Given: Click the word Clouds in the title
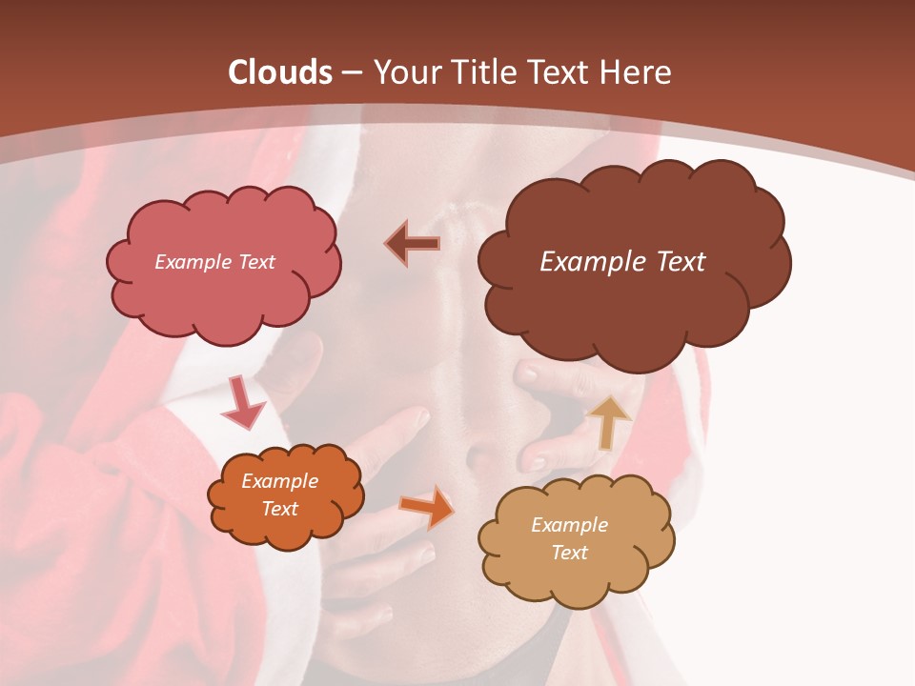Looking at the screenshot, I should [x=280, y=72].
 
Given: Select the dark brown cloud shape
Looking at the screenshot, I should [x=633, y=286].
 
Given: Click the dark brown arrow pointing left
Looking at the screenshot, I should [x=413, y=243].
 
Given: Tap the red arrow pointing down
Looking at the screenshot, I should [x=242, y=403].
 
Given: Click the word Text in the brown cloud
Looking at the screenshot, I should [x=680, y=261].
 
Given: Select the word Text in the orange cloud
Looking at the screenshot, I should [x=279, y=509].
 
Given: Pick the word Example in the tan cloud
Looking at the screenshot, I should [x=569, y=525].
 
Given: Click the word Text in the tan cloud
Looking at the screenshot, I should [x=569, y=553].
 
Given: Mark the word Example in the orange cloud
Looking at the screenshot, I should [x=279, y=481].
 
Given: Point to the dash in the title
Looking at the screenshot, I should [x=352, y=73].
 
